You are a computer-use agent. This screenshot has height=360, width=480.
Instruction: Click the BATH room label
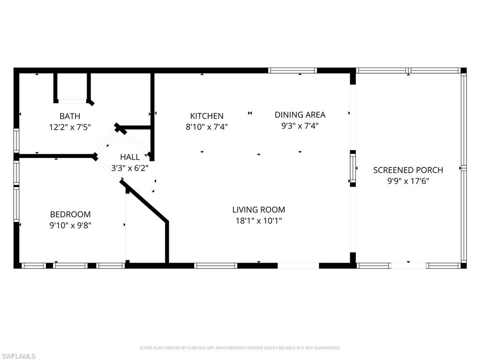click(x=69, y=116)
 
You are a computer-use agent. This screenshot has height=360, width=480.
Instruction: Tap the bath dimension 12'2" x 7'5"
click(x=69, y=127)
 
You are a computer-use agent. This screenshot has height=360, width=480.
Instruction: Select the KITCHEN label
click(x=207, y=116)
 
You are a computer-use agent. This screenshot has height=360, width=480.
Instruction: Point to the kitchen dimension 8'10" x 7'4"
click(x=207, y=127)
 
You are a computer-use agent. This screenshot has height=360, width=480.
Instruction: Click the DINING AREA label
click(x=300, y=115)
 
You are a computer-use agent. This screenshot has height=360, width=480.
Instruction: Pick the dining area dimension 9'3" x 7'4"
click(x=300, y=126)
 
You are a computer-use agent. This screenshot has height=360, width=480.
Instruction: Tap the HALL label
click(x=130, y=157)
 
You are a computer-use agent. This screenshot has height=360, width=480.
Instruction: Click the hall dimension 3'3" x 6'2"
click(x=130, y=168)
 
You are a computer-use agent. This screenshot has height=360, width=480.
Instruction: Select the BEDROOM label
click(x=70, y=214)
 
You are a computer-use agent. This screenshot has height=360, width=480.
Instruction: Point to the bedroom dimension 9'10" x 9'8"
click(x=70, y=225)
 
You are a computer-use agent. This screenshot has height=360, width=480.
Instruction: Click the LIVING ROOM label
click(x=259, y=210)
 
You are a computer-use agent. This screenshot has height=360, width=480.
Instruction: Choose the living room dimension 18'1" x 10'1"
click(x=259, y=220)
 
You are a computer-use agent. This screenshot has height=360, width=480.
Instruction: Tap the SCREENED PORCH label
click(x=408, y=170)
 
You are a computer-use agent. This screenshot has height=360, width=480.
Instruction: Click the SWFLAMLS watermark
click(x=18, y=356)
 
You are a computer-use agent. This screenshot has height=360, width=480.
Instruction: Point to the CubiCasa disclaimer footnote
click(x=240, y=348)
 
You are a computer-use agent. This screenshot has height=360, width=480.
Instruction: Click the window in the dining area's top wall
click(x=292, y=71)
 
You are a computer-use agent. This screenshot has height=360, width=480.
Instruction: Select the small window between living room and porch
click(x=353, y=168)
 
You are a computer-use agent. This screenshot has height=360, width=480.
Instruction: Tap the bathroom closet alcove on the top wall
click(x=72, y=87)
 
